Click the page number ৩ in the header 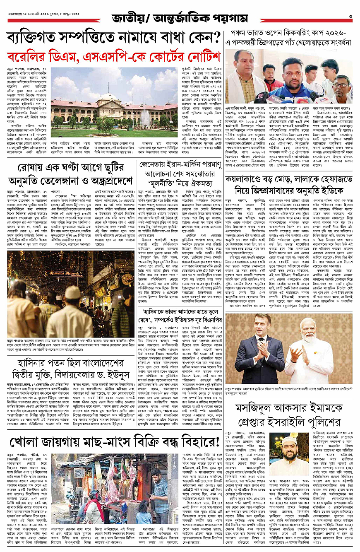[350, 16]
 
